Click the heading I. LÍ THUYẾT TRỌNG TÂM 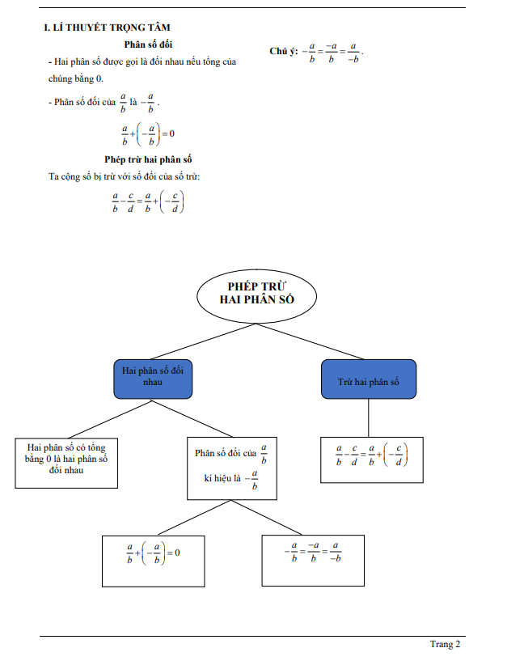click(x=106, y=28)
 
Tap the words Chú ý click(x=282, y=51)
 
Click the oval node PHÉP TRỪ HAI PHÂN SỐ click(x=256, y=293)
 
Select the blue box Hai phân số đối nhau click(x=153, y=378)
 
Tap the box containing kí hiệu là click(x=230, y=467)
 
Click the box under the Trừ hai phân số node click(x=372, y=460)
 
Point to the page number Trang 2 click(x=445, y=644)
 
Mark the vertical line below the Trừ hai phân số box click(x=369, y=417)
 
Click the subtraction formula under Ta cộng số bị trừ click(x=148, y=201)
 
